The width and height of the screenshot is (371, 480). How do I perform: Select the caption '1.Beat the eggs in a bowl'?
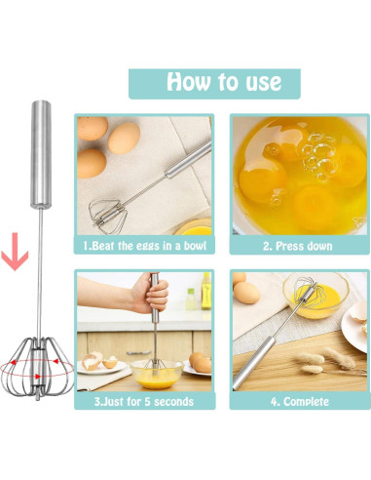point(144,246)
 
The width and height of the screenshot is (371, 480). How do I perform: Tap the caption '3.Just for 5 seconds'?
point(144,401)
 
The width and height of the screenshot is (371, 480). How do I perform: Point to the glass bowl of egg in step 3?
point(156,371)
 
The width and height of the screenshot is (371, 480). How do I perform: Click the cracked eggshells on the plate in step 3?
point(98,360)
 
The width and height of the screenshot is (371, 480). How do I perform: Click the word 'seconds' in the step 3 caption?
point(170,401)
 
